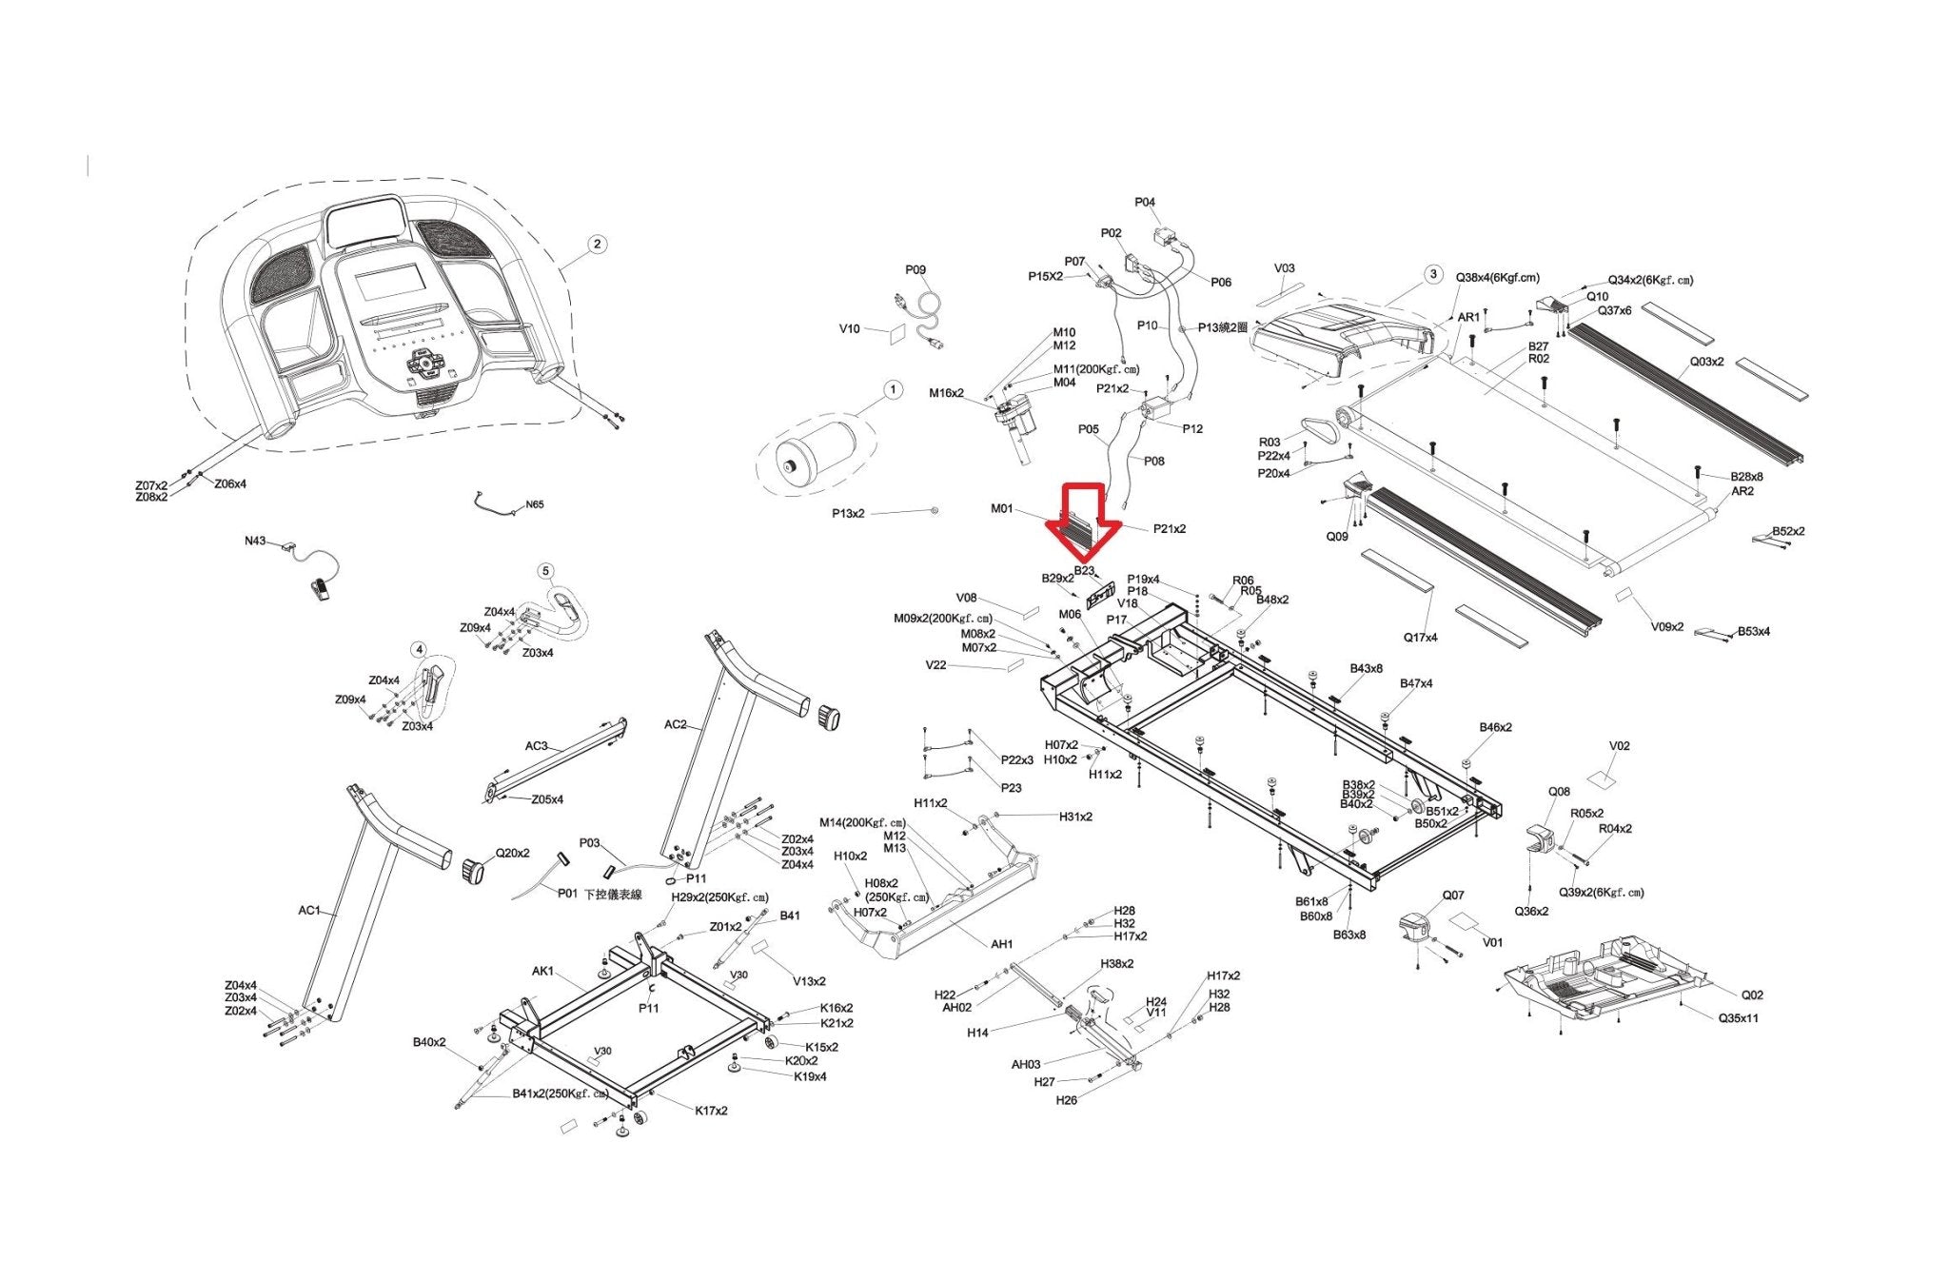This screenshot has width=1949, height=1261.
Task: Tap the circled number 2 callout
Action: [x=597, y=244]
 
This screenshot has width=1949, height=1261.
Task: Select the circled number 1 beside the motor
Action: [x=892, y=390]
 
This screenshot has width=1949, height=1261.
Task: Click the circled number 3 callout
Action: [x=1433, y=275]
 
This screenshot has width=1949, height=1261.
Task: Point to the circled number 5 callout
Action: [x=545, y=571]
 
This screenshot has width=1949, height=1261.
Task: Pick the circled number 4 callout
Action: [x=419, y=649]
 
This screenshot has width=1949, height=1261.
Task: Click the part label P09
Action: [x=915, y=270]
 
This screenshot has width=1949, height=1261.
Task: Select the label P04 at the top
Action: [x=1145, y=202]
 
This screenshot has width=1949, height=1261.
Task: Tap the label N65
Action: [x=535, y=505]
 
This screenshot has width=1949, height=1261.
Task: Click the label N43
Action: [x=255, y=541]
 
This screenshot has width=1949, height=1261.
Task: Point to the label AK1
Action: [x=542, y=972]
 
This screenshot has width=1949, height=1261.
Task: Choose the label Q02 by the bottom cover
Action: [x=1752, y=995]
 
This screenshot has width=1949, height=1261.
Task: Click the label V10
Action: [x=849, y=329]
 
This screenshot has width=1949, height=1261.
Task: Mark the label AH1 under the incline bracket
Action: [x=1001, y=944]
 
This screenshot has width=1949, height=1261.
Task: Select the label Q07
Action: [x=1453, y=896]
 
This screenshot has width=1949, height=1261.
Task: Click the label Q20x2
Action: [x=513, y=854]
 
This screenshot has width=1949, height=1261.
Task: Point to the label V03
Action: [x=1285, y=268]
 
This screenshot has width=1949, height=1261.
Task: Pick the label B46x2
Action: [x=1495, y=727]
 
